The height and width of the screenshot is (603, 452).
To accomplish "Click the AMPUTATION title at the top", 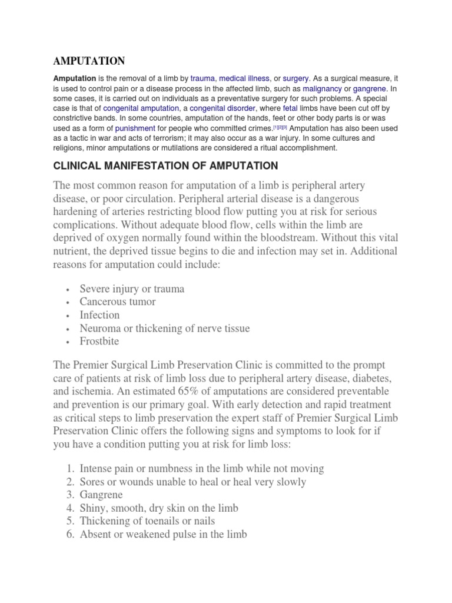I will pyautogui.click(x=89, y=61).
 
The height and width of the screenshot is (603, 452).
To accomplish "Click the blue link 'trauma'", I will pyautogui.click(x=203, y=78).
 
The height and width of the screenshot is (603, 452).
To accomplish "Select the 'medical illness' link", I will pyautogui.click(x=244, y=78).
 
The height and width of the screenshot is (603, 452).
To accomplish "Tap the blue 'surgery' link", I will pyautogui.click(x=296, y=78).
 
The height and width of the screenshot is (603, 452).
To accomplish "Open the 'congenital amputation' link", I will pyautogui.click(x=141, y=109).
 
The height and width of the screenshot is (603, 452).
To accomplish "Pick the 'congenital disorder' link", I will pyautogui.click(x=222, y=109).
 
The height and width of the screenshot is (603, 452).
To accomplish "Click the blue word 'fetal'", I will pyautogui.click(x=290, y=109).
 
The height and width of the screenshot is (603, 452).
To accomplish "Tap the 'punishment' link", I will pyautogui.click(x=135, y=128).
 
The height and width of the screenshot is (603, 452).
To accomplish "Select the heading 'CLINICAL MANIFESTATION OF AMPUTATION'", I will pyautogui.click(x=166, y=165).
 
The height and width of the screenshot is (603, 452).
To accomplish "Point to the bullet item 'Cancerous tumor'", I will pyautogui.click(x=118, y=302).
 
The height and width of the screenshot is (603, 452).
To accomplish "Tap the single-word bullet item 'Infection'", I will pyautogui.click(x=99, y=315).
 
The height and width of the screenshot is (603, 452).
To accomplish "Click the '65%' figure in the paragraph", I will pyautogui.click(x=203, y=392).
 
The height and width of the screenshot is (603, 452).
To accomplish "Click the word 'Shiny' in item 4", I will pyautogui.click(x=94, y=508).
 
